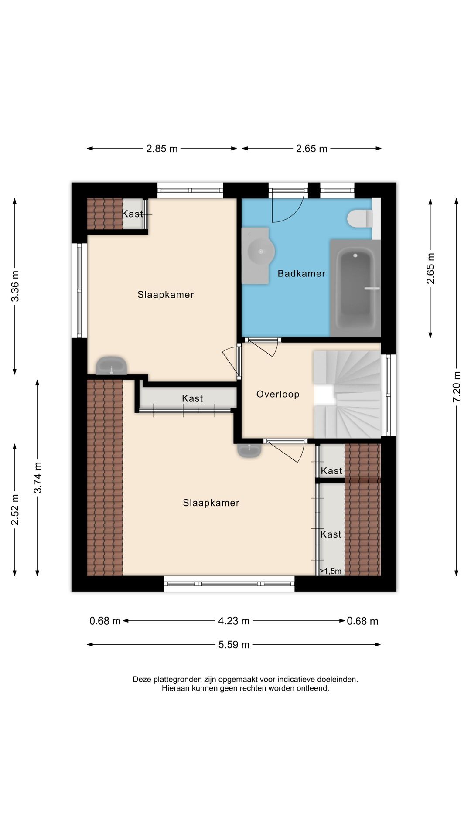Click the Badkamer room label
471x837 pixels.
point(301,273)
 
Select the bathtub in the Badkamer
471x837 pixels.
point(355,288)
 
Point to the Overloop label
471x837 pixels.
point(278,394)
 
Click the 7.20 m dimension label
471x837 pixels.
point(457,387)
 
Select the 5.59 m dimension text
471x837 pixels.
point(234,645)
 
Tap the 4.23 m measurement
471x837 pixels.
point(234,621)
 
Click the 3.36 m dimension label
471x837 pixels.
point(15,286)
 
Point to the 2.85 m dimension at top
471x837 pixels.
point(162,149)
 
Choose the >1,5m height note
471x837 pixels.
point(330,571)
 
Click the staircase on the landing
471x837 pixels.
point(347,394)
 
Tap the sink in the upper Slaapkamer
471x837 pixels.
point(111,366)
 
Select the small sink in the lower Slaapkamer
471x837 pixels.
point(249,450)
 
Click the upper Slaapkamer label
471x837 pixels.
point(166,295)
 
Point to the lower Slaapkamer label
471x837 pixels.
point(211,503)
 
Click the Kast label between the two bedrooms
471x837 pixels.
point(192,398)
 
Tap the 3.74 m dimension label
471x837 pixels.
point(38,477)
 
